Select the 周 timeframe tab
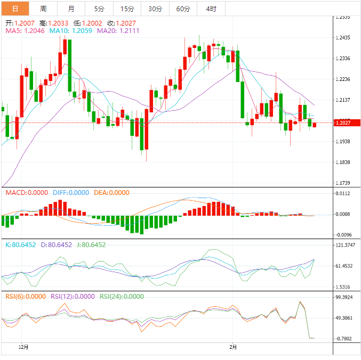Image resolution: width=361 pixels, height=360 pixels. [43, 9]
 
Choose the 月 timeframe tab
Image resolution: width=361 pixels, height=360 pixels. [71, 9]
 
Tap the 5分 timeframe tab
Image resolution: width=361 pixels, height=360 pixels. [99, 9]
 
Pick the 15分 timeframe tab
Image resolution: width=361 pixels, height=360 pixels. [127, 9]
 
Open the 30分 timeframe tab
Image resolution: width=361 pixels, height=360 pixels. [155, 9]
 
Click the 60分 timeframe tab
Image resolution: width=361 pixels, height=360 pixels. [183, 9]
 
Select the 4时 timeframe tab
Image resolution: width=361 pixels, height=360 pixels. [211, 9]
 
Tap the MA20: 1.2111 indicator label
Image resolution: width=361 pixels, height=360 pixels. [118, 31]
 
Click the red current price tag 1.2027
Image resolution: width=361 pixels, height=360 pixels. [343, 123]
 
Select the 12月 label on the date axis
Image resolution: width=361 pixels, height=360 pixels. [23, 347]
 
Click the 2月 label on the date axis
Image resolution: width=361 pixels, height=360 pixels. [233, 347]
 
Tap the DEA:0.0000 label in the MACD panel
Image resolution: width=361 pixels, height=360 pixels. [111, 192]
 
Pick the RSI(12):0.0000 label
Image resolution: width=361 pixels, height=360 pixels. [73, 297]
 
